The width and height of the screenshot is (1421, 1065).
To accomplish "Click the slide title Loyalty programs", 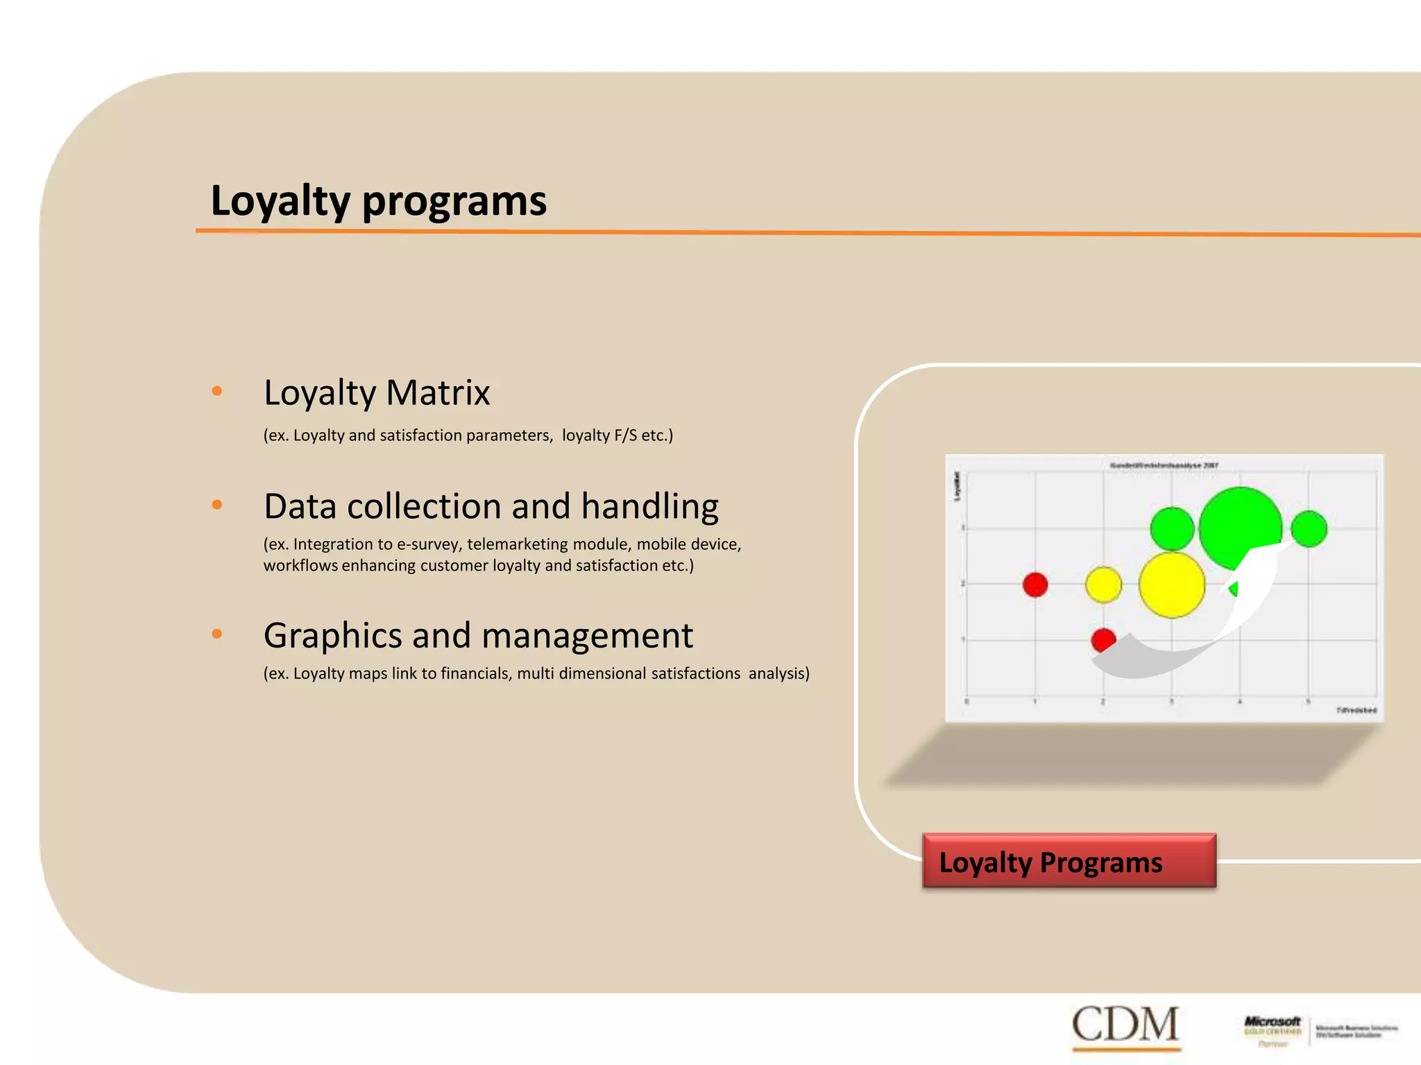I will click(x=378, y=201).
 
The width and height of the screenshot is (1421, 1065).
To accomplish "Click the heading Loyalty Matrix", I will click(x=377, y=392).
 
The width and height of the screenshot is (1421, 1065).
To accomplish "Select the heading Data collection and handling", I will click(x=491, y=506).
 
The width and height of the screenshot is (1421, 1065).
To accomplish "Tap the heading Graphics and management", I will click(x=478, y=635).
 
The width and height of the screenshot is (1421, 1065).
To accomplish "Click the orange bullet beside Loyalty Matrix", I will click(x=217, y=391).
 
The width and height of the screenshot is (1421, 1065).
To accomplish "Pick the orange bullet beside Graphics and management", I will click(x=217, y=634).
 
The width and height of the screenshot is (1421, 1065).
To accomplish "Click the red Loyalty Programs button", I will click(x=1069, y=861).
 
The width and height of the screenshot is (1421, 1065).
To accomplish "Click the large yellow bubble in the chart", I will click(x=1172, y=585).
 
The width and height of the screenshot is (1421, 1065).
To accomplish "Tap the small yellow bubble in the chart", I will click(x=1103, y=584).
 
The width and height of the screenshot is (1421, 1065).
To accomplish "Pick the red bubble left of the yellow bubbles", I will click(x=1035, y=585).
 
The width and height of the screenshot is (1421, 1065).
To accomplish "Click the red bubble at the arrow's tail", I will click(x=1102, y=639).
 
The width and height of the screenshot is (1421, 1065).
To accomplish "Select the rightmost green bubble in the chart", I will click(x=1309, y=529).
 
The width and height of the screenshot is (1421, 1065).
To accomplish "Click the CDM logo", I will click(x=1125, y=1024).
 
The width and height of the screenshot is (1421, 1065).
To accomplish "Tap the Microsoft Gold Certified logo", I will click(x=1272, y=1030).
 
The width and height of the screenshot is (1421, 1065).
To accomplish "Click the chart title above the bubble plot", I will click(x=1164, y=465).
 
